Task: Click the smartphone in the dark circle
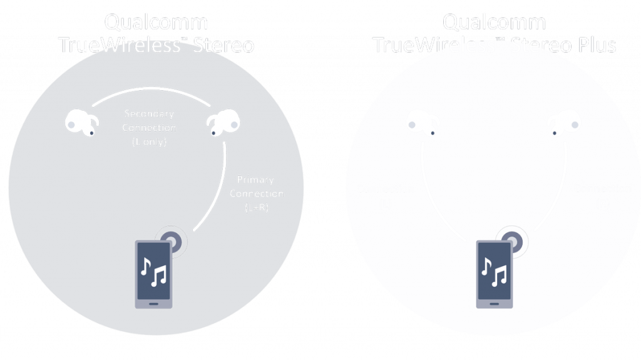[x=153, y=273]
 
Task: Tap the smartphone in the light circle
[x=495, y=273]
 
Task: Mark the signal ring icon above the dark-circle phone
[x=173, y=240]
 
